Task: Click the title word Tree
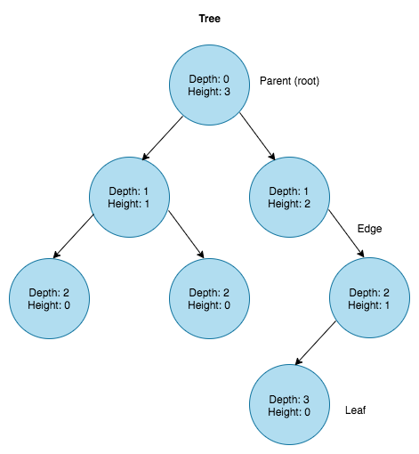coord(209,18)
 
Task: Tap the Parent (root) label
coord(289,81)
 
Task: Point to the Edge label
coord(369,229)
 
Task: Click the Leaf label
coord(355,410)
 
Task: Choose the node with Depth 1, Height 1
coord(129,197)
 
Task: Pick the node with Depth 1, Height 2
coord(289,197)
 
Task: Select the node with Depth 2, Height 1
coord(369,298)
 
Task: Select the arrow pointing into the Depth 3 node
coord(316,344)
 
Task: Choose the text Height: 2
coord(289,204)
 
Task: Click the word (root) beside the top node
coord(304,81)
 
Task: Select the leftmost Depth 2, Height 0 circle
coord(49,298)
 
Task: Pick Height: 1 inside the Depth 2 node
coord(369,305)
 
